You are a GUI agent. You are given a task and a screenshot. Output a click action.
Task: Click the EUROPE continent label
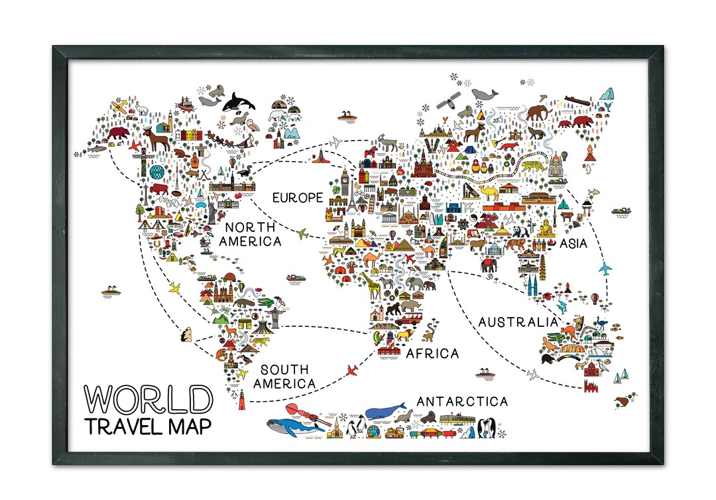click(298, 198)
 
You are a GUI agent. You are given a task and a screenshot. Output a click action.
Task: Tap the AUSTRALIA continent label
click(518, 322)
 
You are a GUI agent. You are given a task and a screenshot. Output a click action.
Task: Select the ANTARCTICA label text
click(462, 401)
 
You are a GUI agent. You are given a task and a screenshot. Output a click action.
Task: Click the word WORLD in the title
click(149, 399)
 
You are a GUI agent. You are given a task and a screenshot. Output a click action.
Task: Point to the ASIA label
click(573, 243)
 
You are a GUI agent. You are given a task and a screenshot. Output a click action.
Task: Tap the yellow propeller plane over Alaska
click(119, 105)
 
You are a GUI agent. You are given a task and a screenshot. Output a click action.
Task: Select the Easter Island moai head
click(186, 336)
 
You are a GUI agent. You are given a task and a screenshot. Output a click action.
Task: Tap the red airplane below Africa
click(351, 369)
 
